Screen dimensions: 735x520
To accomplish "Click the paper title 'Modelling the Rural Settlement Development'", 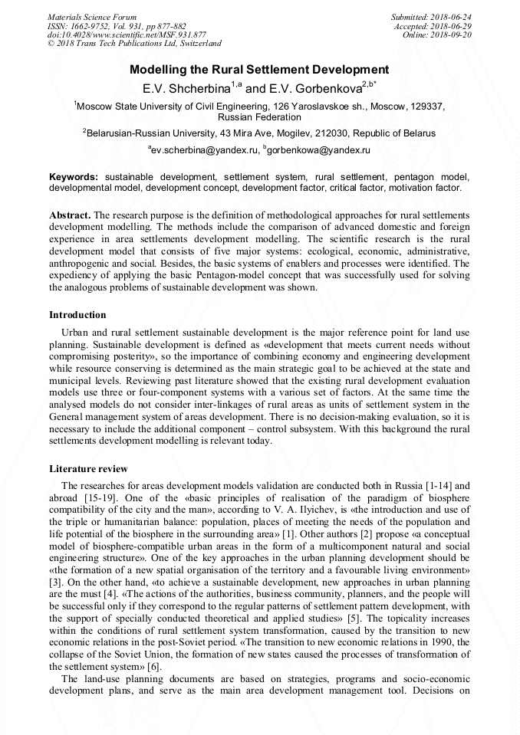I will pos(259,70).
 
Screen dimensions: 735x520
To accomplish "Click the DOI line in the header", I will pos(127,34).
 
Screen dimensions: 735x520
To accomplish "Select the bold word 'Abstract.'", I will pos(70,215).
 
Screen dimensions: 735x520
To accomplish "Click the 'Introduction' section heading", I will pos(77,315).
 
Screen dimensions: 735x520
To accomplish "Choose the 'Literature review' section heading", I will pos(88,468).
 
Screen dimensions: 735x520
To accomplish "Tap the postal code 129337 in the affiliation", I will pos(426,107).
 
